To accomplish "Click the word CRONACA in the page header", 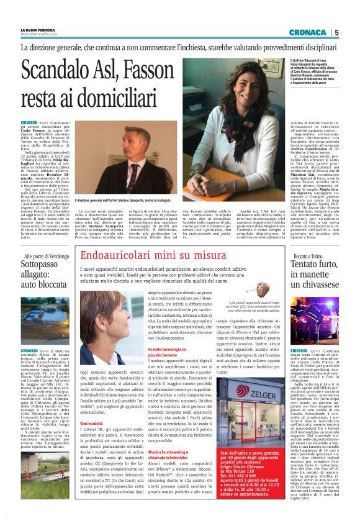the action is (308, 32).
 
